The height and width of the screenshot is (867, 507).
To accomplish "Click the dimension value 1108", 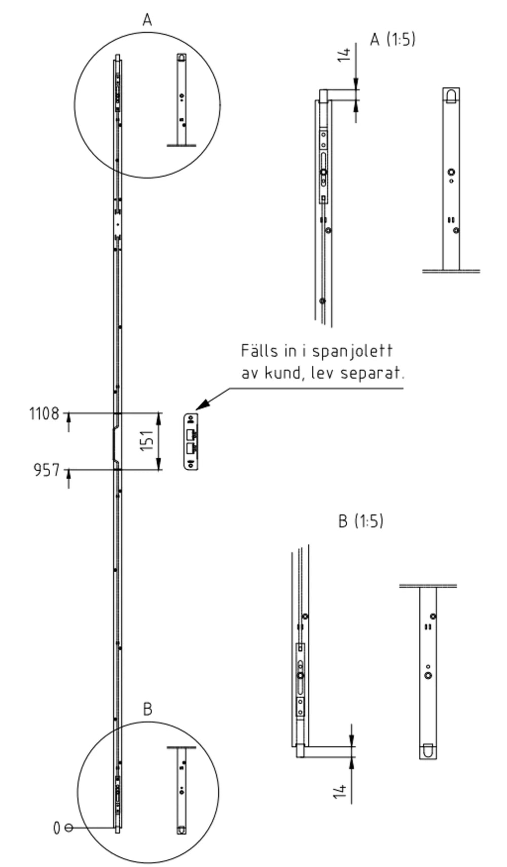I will click(x=44, y=413).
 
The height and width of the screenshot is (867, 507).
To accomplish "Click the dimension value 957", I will click(x=47, y=470).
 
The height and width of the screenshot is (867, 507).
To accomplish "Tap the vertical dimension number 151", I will click(x=147, y=440).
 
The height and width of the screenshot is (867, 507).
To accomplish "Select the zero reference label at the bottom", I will click(x=57, y=828).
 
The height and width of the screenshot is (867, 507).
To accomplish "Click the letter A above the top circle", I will click(x=147, y=20).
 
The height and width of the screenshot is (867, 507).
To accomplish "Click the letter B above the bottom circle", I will click(x=148, y=709).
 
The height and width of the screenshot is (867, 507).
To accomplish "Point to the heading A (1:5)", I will click(x=392, y=39).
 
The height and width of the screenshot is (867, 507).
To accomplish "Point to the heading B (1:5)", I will click(x=360, y=521).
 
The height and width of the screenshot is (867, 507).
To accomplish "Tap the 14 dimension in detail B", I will click(x=340, y=791).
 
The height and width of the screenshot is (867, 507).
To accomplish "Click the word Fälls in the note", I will click(x=260, y=351).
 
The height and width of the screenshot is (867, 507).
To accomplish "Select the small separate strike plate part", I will click(x=191, y=441).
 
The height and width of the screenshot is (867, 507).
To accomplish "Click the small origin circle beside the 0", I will click(x=68, y=828).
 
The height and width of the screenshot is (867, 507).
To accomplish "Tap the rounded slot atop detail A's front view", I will click(x=451, y=95).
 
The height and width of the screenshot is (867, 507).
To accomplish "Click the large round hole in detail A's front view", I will click(x=451, y=172).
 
